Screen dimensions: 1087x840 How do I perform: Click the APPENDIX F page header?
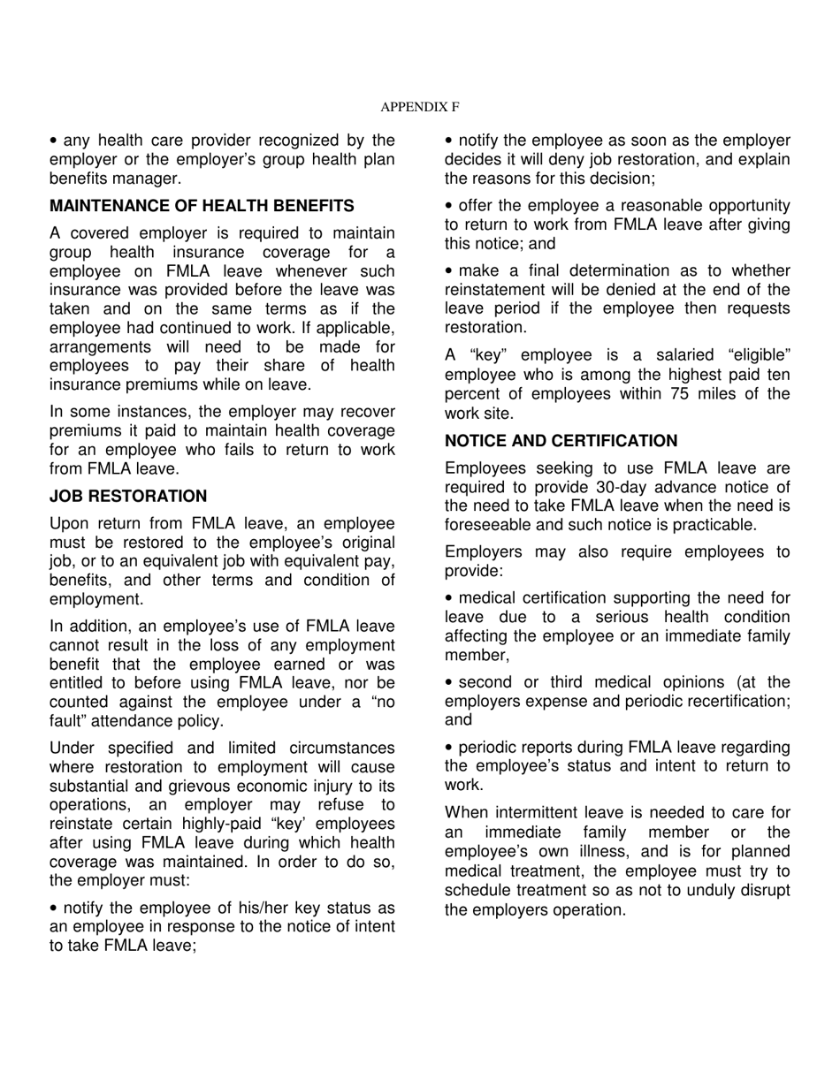[419, 107]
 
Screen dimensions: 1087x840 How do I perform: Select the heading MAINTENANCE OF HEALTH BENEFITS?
[202, 206]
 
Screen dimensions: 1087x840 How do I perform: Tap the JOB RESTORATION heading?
[128, 496]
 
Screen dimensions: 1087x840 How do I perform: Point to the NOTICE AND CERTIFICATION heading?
[561, 441]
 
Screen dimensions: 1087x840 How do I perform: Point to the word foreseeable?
[488, 525]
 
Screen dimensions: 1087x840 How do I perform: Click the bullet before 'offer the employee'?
[449, 206]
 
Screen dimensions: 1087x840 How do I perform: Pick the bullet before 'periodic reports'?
[449, 748]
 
